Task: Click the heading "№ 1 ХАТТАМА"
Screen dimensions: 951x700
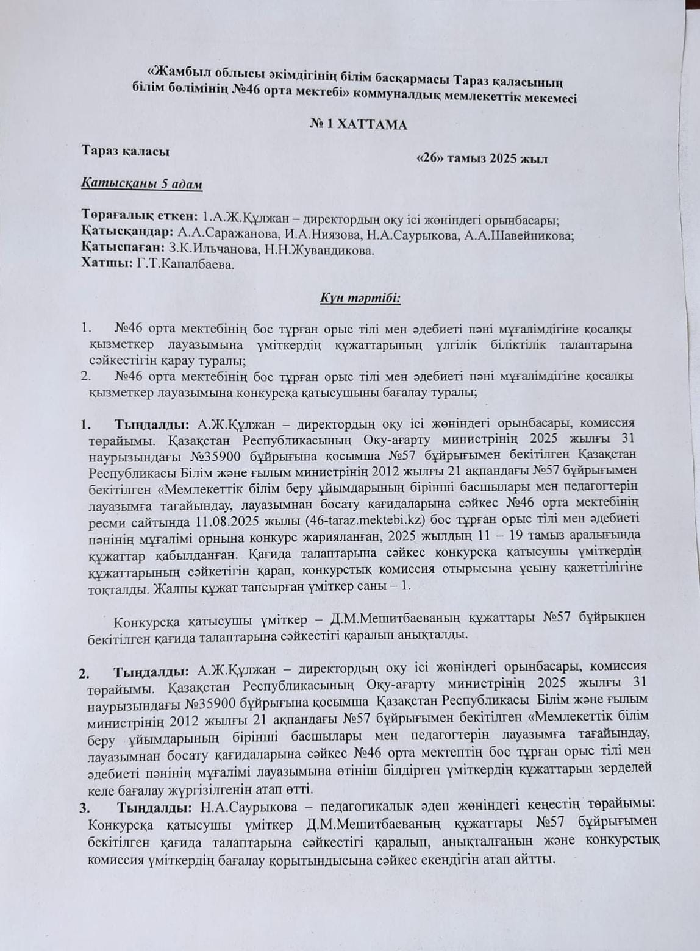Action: coord(359,124)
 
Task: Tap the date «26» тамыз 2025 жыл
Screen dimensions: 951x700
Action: coord(481,159)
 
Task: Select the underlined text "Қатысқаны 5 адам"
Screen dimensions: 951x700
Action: coord(141,184)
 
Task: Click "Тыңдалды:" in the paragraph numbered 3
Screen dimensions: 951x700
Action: coord(155,808)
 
